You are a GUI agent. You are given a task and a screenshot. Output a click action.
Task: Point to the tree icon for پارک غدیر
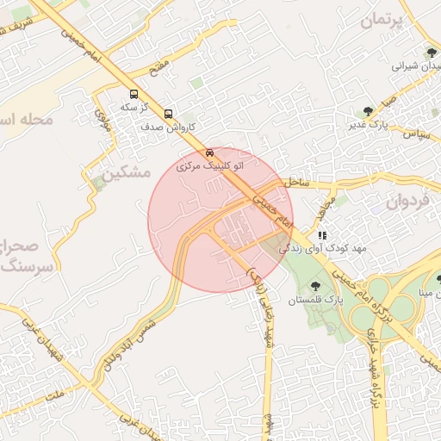coord(369,111)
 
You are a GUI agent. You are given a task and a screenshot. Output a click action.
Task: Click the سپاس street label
coord(417,135)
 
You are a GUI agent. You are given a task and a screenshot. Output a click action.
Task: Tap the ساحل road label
coord(294,183)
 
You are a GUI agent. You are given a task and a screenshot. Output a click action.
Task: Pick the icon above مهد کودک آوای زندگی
coord(322,234)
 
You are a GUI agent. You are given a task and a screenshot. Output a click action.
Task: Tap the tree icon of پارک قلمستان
coord(314,284)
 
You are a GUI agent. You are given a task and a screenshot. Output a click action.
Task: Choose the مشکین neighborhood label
coord(127,173)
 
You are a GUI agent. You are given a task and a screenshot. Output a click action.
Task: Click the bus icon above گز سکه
coord(133,94)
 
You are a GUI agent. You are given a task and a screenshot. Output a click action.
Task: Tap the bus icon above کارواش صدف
coord(168,113)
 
